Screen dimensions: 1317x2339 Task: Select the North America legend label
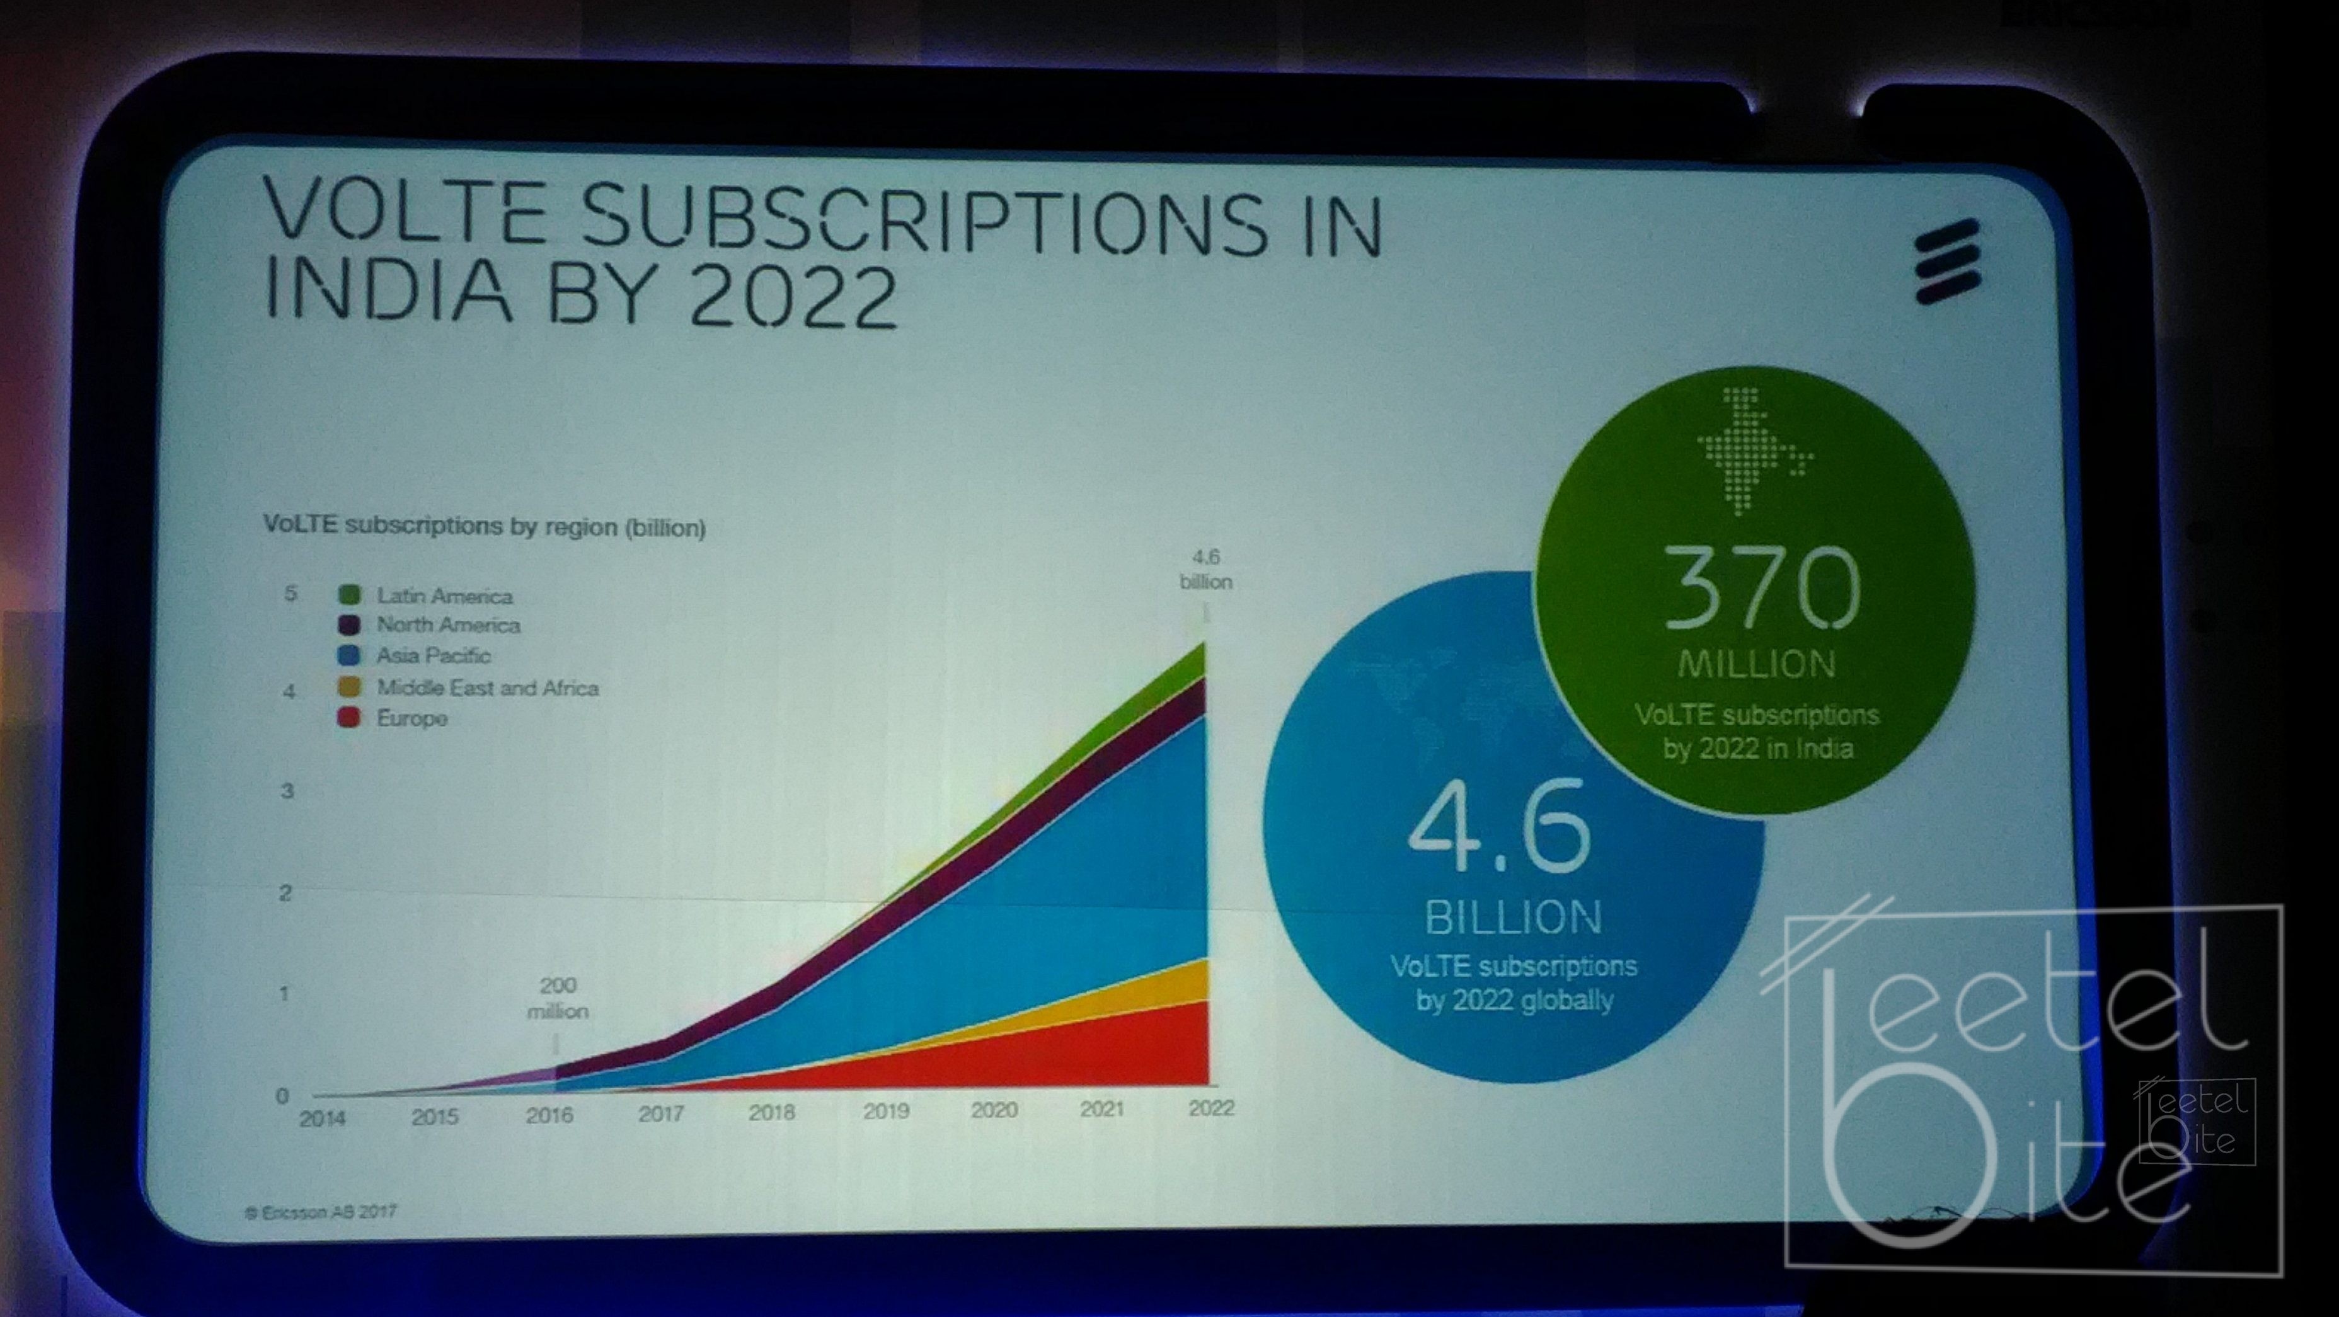coord(449,625)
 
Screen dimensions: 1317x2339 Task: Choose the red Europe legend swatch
coord(350,718)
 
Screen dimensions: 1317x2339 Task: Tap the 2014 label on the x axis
coord(323,1118)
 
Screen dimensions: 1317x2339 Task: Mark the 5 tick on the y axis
coord(290,594)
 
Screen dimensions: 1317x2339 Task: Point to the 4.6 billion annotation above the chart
coord(1206,568)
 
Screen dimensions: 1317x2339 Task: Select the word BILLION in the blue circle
coord(1513,918)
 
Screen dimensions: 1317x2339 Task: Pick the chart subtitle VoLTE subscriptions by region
coord(484,527)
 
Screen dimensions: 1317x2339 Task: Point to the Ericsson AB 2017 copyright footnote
coord(321,1212)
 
